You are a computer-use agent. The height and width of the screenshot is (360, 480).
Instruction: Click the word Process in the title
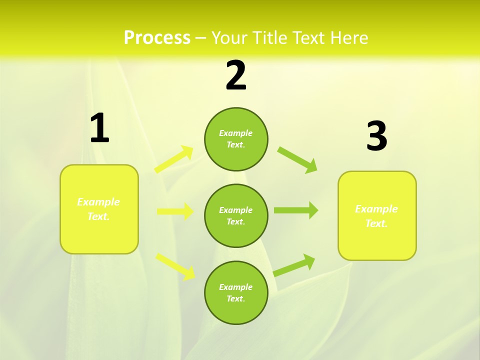pos(157,38)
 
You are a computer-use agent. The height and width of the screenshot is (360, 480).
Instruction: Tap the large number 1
pos(99,128)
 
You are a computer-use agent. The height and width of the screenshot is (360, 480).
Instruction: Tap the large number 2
pos(236,76)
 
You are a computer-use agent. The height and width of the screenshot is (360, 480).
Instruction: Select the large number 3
pos(376,136)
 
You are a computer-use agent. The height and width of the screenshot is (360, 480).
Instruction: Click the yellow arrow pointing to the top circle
pos(174,159)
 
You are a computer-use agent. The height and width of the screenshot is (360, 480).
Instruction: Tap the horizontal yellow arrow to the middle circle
pos(175,211)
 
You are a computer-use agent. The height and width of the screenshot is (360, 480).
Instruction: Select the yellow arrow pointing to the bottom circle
pos(175,266)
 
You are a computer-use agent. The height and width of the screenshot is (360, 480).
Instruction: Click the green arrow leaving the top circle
pos(297,159)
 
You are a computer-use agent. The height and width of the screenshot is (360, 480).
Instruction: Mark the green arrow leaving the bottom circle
pos(294,265)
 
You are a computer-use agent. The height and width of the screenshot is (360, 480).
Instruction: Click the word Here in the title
pos(349,38)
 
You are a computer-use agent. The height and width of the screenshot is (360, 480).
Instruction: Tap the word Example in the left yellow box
pos(98,202)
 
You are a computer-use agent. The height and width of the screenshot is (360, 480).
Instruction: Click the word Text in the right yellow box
pos(375,223)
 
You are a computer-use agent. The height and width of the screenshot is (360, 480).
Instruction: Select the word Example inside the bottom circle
pos(235,287)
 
